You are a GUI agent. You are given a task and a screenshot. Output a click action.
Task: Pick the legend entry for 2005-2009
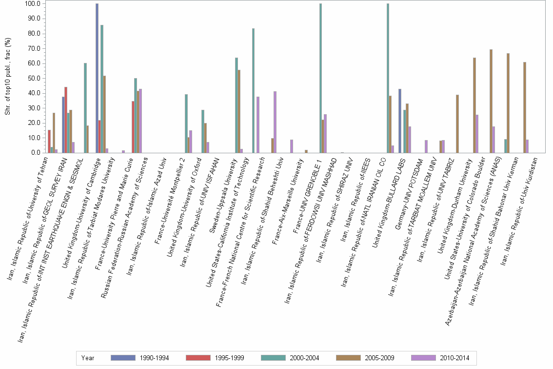click(366, 358)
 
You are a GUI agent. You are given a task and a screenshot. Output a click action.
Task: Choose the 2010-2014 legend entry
click(441, 358)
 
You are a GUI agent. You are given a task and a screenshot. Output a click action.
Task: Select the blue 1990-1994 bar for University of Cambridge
click(97, 78)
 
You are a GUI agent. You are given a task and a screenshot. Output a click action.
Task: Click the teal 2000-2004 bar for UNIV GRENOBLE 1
click(320, 78)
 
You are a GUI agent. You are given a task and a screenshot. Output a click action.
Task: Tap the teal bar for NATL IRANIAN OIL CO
click(388, 78)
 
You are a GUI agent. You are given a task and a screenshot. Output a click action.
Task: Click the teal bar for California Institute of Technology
click(254, 90)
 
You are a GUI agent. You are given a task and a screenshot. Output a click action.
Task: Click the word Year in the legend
click(88, 358)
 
